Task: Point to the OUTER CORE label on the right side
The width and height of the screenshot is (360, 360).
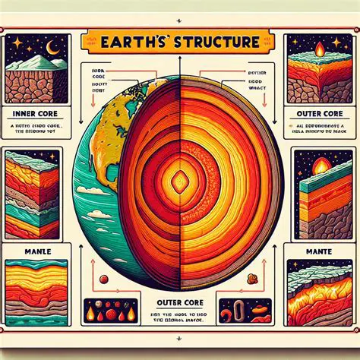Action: tap(315, 117)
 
